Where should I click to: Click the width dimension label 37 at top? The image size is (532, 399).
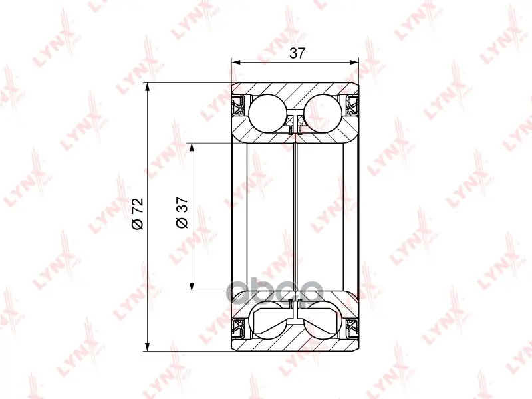pyautogui.click(x=297, y=53)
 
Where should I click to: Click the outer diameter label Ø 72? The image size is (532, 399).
pyautogui.click(x=138, y=213)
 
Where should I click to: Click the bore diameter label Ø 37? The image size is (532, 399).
pyautogui.click(x=182, y=212)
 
